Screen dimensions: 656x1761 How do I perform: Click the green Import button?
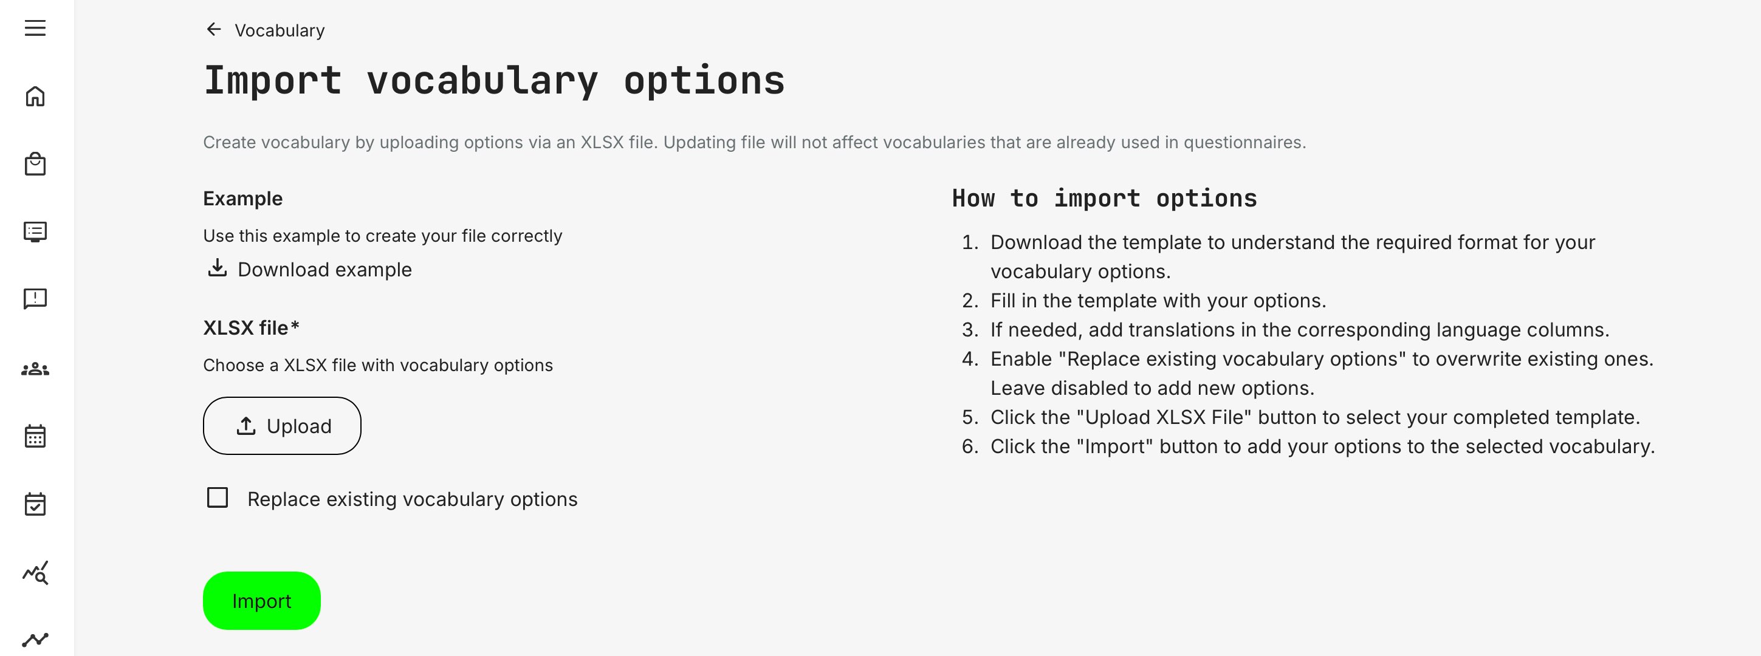tap(261, 601)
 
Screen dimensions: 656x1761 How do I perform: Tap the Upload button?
tap(282, 426)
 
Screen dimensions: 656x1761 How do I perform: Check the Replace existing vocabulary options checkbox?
tap(218, 497)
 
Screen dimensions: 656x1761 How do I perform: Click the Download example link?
tap(324, 269)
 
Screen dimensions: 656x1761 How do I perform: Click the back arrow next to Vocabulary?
tap(214, 29)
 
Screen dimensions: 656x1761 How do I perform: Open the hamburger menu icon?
tap(35, 28)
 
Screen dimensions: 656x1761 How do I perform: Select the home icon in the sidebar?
tap(35, 97)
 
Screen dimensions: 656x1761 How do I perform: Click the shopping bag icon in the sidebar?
tap(35, 164)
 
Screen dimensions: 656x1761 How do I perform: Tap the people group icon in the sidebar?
tap(35, 369)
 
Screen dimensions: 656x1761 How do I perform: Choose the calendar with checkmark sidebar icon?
tap(35, 504)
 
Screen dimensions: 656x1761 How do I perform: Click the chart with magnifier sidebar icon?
tap(35, 573)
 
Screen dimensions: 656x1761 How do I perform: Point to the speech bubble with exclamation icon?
tap(35, 299)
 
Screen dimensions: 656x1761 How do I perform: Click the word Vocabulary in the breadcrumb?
tap(280, 31)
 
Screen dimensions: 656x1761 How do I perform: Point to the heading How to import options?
tap(1104, 198)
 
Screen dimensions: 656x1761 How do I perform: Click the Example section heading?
tap(242, 198)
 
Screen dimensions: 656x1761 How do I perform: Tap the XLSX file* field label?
tap(251, 328)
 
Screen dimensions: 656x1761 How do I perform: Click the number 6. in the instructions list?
tap(970, 446)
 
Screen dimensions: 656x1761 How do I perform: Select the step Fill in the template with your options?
tap(1158, 301)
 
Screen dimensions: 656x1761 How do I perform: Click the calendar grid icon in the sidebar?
tap(35, 436)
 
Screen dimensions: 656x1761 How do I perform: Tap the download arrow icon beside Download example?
tap(218, 268)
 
